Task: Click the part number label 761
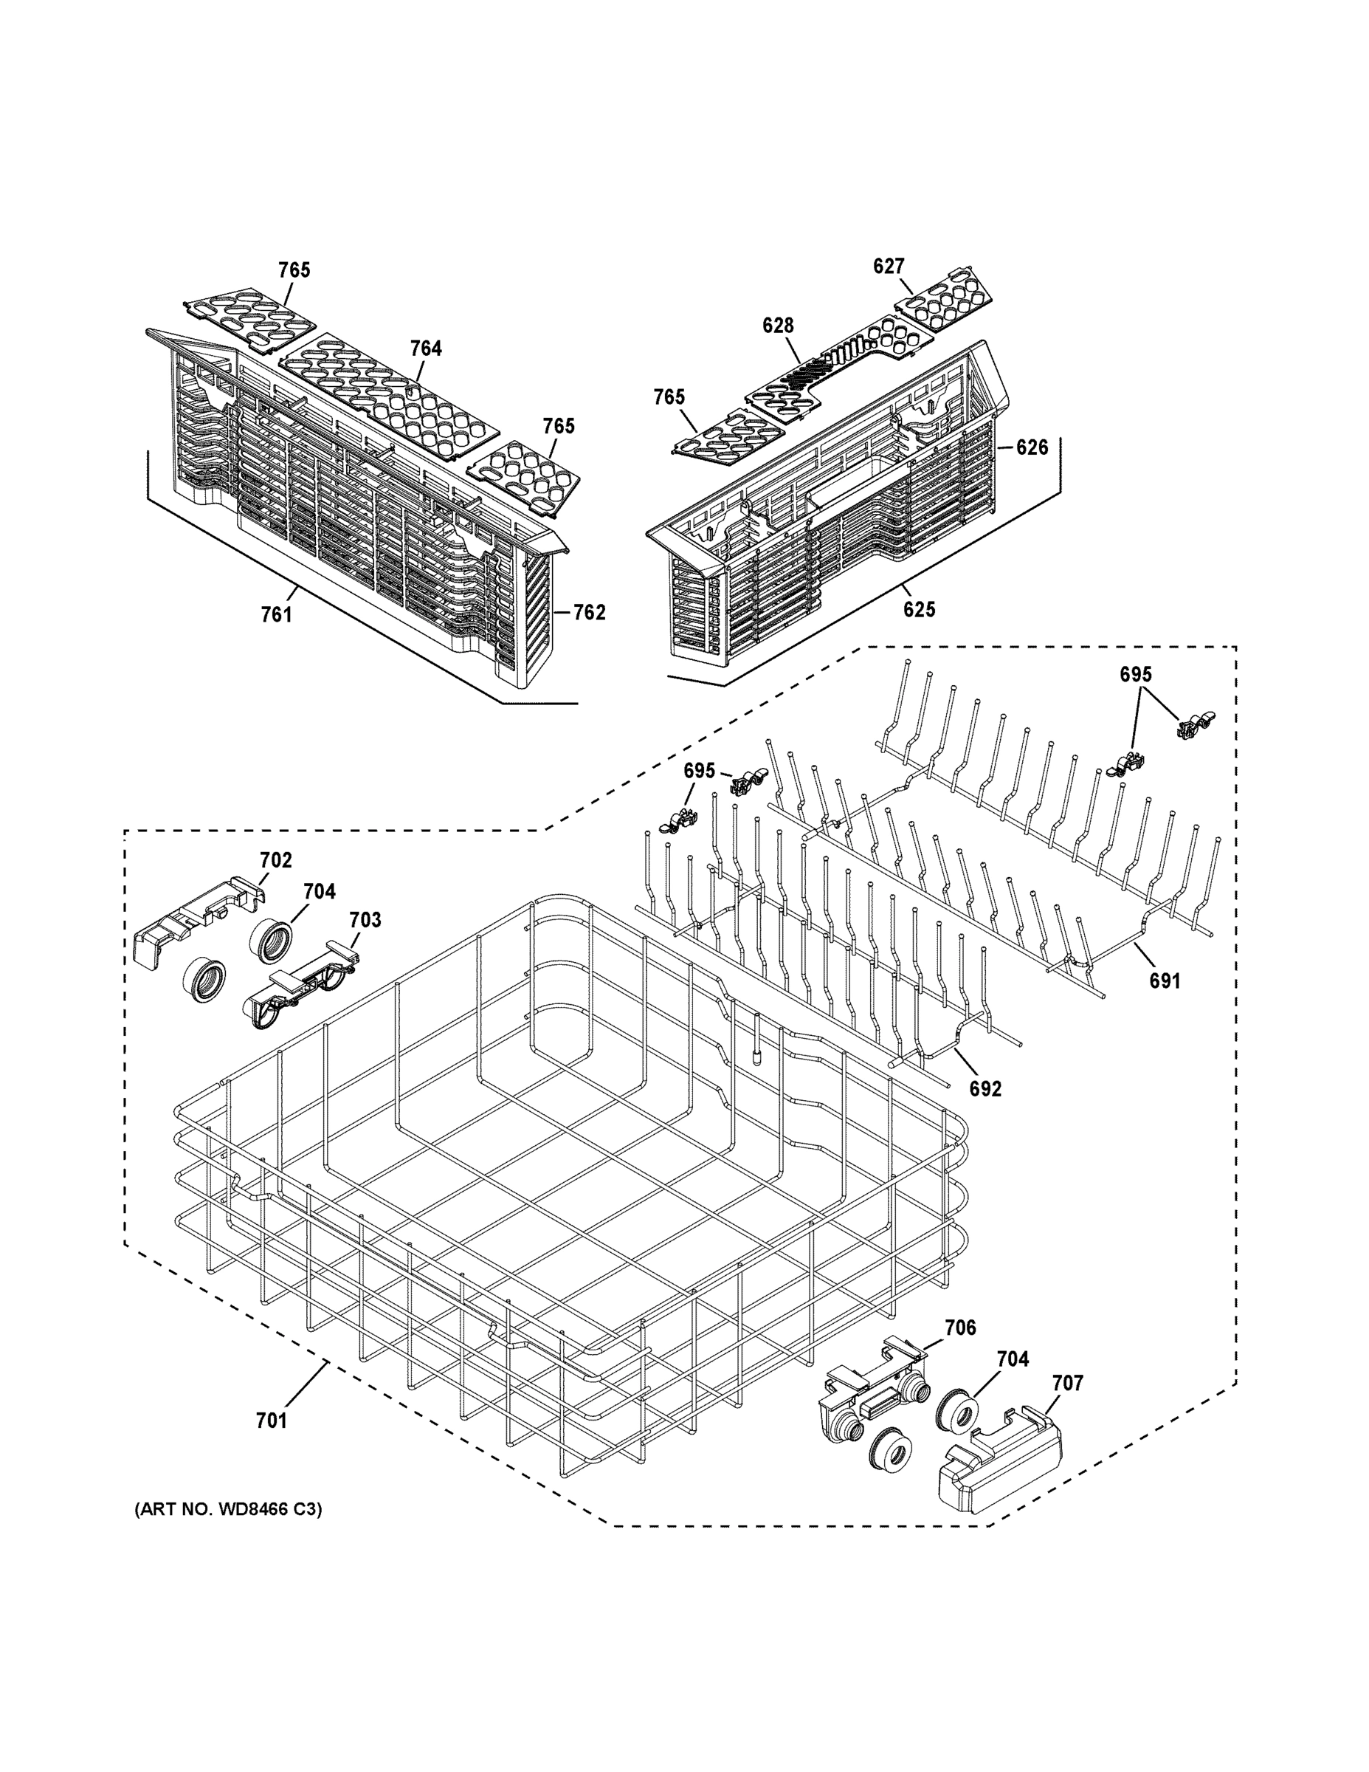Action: pos(276,615)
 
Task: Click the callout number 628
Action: pos(777,326)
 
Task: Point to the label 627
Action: pos(888,266)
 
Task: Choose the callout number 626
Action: pos(1032,447)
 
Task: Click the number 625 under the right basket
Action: pos(919,608)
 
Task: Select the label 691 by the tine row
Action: pos(1164,981)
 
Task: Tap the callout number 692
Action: pos(985,1089)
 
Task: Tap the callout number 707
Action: pos(1067,1383)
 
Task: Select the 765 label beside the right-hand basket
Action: pos(669,396)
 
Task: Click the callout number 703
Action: pos(365,919)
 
